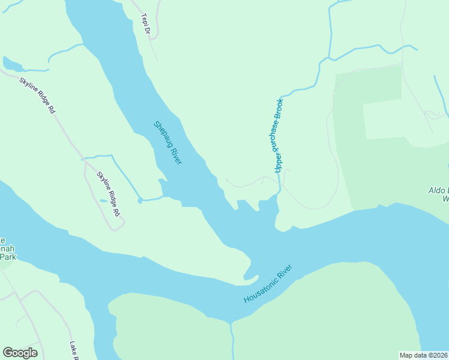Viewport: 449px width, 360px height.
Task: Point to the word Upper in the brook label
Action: (278, 163)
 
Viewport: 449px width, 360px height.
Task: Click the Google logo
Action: (20, 353)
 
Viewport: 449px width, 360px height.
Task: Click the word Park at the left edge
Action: (7, 257)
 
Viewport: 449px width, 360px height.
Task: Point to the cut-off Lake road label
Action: (74, 351)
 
